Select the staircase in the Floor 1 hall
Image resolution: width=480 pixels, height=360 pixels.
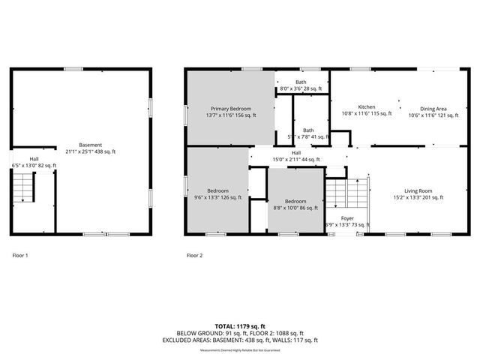tap(25, 187)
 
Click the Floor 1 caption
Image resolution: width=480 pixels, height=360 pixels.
tap(20, 256)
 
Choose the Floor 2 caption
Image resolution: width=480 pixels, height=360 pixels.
tap(194, 256)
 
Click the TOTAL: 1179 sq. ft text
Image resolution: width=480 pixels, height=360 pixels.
tap(239, 326)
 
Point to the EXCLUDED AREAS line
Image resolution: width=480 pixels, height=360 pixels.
tap(239, 340)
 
